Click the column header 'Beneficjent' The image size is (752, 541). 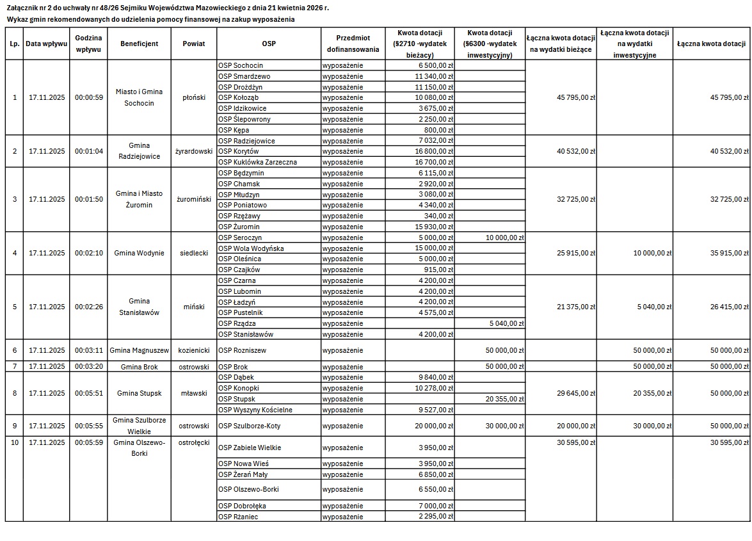pos(139,44)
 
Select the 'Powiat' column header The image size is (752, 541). pos(194,44)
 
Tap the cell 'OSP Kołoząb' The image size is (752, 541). pos(238,97)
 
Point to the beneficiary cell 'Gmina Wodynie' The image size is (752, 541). pos(139,253)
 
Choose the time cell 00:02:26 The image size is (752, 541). pos(88,307)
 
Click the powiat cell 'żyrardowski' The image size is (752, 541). pos(194,151)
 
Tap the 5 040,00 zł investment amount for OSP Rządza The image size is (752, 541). pos(506,323)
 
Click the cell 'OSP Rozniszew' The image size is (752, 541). pos(242,350)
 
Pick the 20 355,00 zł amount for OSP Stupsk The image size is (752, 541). pos(505,399)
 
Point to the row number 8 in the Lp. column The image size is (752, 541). pos(15,393)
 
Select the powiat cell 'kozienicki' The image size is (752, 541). pos(194,350)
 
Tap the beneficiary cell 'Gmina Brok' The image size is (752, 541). pos(139,366)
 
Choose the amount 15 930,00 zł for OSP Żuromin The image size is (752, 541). pos(434,227)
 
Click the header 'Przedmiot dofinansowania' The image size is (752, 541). pos(353,44)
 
